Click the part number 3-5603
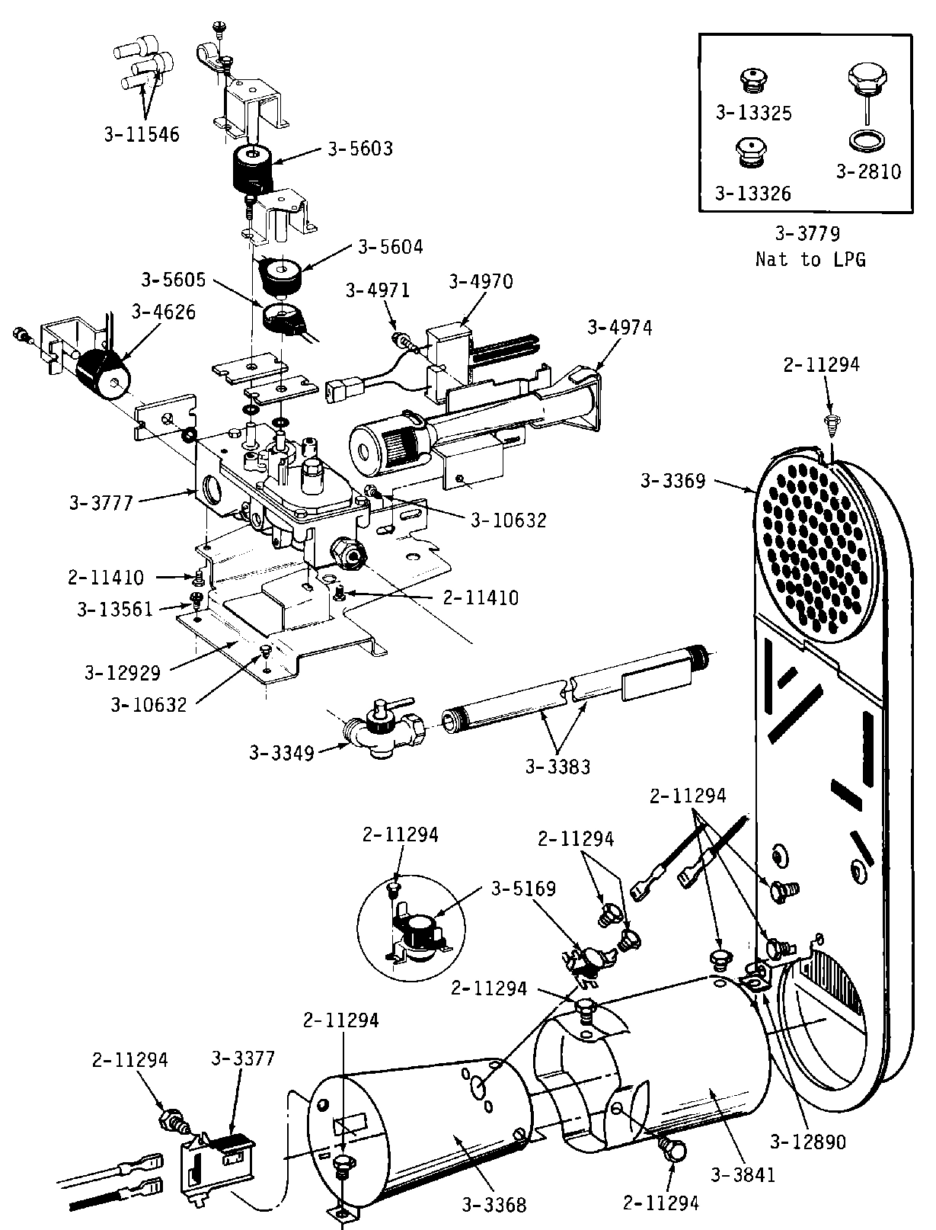click(360, 149)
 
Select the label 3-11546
click(142, 135)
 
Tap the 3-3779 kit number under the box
click(807, 233)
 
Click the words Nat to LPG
click(810, 259)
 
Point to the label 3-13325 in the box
click(753, 113)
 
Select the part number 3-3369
click(673, 481)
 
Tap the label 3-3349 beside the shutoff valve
click(282, 754)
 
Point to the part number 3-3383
click(557, 767)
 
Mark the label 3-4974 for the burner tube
click(621, 328)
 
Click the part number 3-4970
click(481, 281)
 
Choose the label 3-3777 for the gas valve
click(101, 503)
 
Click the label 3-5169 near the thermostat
click(523, 889)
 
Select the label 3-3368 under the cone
click(494, 1205)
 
